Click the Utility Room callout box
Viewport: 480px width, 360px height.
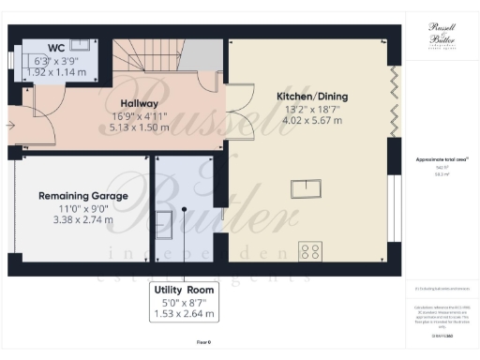[184, 302]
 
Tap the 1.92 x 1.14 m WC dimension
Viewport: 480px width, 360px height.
[53, 71]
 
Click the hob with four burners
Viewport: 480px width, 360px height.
[310, 251]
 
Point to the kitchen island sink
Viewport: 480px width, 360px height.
[305, 190]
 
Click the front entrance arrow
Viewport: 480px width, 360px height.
[12, 123]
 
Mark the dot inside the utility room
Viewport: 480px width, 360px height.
[185, 209]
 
